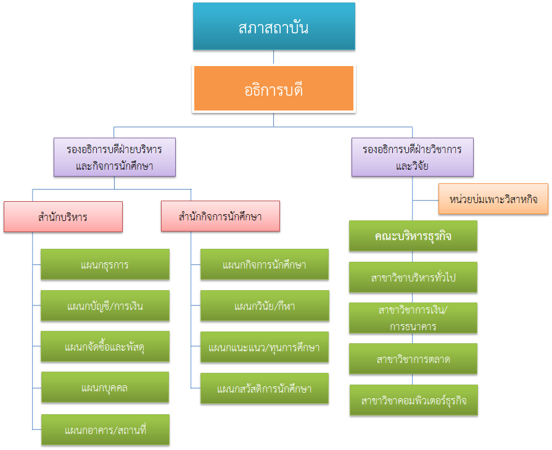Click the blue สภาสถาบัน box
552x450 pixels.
(x=274, y=27)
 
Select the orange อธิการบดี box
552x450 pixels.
(x=274, y=89)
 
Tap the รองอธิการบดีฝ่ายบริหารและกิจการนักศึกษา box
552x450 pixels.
(x=114, y=157)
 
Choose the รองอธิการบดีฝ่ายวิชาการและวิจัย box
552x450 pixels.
(x=412, y=157)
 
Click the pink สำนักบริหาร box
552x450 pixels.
(x=63, y=217)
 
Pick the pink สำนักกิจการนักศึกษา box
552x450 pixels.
(x=220, y=217)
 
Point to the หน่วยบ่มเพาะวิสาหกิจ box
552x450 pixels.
(x=493, y=199)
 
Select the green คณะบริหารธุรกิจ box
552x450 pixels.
(x=413, y=236)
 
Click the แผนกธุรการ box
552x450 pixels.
(x=105, y=264)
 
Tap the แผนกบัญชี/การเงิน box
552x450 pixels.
(x=105, y=305)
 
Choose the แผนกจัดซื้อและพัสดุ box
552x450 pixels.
(x=105, y=346)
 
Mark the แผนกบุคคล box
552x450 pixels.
(x=105, y=388)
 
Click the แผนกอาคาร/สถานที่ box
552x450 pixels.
(x=105, y=429)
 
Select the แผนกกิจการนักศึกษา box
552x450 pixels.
(x=265, y=264)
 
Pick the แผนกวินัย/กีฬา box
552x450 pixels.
(x=265, y=306)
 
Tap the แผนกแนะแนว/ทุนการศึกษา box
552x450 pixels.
(x=265, y=347)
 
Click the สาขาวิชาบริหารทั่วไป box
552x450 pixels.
(x=413, y=277)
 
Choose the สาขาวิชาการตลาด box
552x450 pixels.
(x=413, y=359)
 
